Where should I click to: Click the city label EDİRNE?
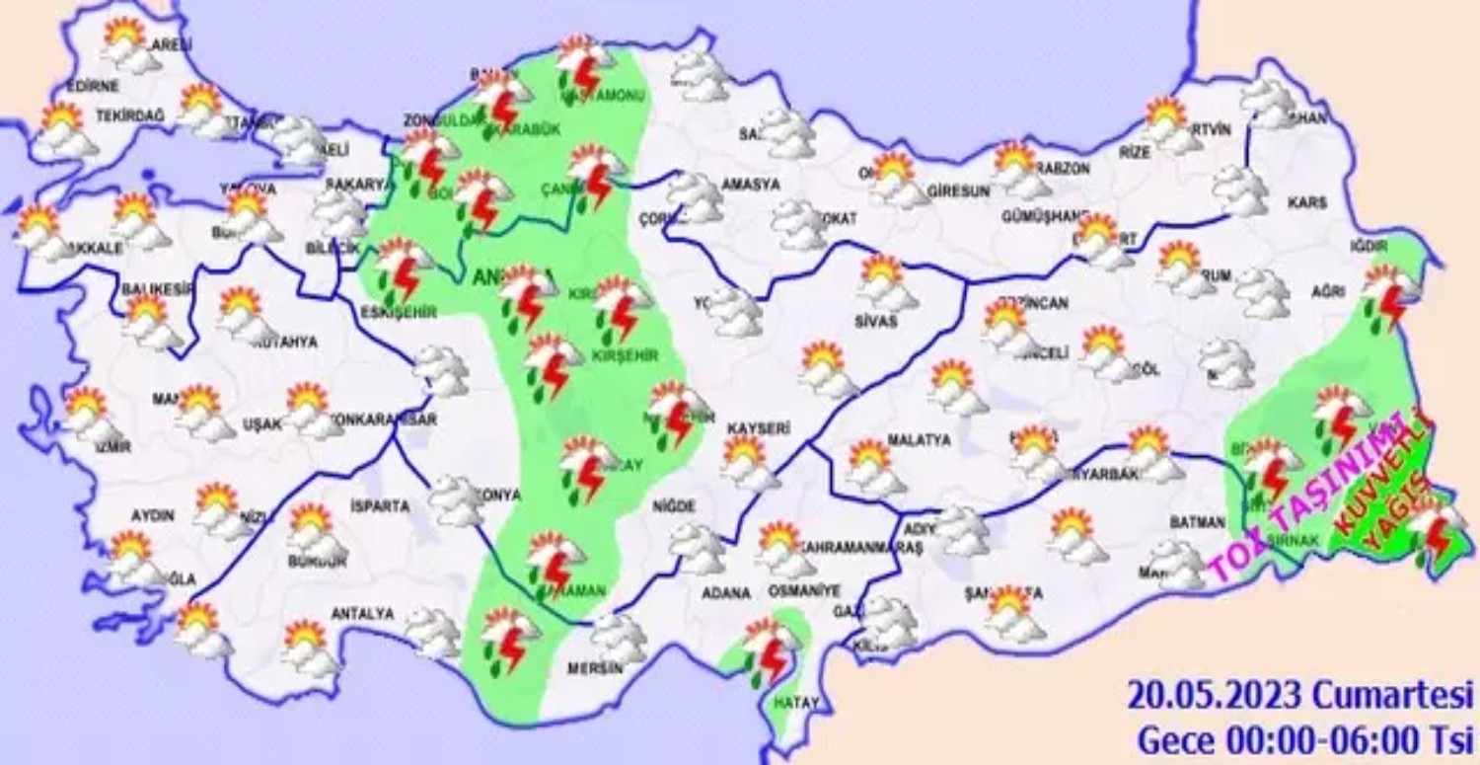pos(96,86)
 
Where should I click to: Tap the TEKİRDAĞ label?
pos(129,115)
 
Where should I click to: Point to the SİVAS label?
pos(877,321)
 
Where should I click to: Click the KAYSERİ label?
pos(759,428)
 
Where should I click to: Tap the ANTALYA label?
pos(362,614)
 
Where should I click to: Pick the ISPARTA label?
pos(379,506)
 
